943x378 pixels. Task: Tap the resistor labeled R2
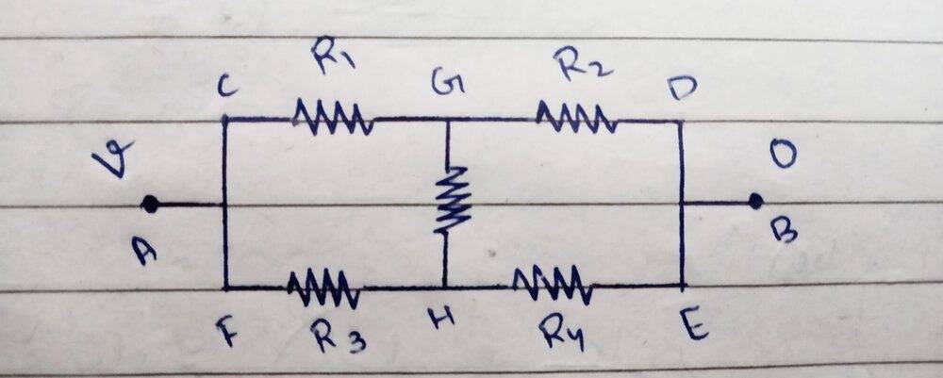[x=576, y=118]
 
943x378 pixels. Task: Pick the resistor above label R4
[x=551, y=284]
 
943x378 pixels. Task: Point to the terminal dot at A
[x=148, y=203]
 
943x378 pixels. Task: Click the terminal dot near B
[x=754, y=200]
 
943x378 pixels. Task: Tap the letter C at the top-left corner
[x=227, y=87]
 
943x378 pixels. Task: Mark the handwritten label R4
[x=563, y=332]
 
